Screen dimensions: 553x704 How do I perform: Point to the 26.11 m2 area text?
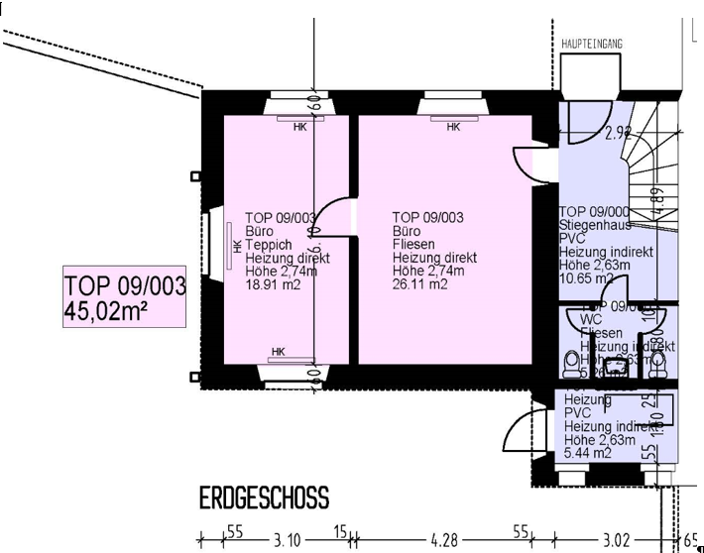point(419,284)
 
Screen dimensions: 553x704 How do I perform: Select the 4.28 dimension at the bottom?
point(444,540)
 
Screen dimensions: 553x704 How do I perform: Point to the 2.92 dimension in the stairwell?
point(592,134)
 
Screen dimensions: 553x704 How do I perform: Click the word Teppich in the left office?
point(270,245)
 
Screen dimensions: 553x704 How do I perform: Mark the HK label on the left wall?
point(236,246)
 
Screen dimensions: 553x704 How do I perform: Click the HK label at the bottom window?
point(278,352)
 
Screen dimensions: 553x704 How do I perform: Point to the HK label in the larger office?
point(453,127)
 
